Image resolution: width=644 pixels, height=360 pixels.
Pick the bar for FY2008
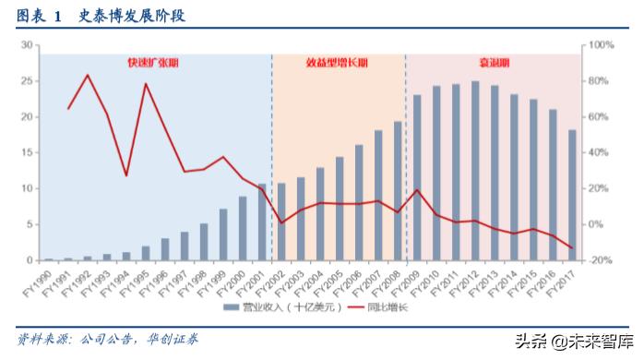398,191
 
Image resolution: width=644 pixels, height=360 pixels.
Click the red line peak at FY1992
88,75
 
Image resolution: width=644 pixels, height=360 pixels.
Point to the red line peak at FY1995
146,84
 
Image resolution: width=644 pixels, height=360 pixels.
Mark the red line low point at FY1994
126,175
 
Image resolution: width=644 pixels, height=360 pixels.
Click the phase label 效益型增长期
337,63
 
